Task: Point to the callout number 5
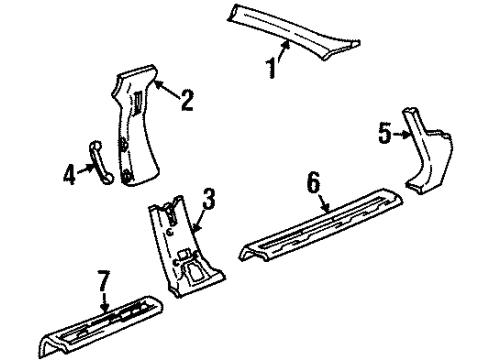(385, 131)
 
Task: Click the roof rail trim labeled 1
(300, 30)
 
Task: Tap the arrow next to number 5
(399, 133)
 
